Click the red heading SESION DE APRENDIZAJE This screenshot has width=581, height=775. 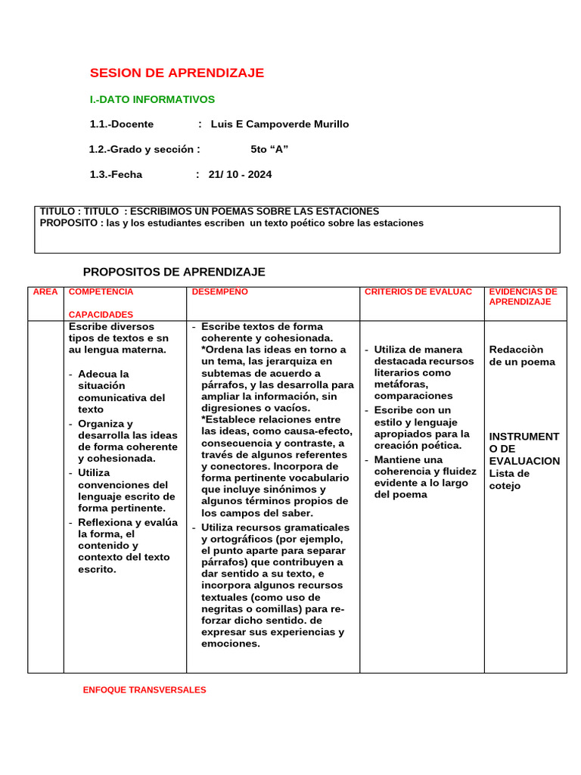[x=177, y=73]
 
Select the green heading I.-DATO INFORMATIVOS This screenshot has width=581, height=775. [x=152, y=100]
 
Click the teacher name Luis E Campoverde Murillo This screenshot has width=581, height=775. [x=279, y=124]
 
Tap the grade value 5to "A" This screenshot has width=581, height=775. [x=269, y=149]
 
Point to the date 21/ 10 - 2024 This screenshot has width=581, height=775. [x=240, y=175]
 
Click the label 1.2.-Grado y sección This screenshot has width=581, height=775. [x=144, y=149]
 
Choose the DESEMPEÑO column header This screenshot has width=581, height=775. [x=219, y=291]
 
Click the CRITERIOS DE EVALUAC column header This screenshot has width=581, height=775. [x=418, y=291]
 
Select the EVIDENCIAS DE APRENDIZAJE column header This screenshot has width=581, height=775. [x=523, y=297]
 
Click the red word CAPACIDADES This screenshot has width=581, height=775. [x=101, y=315]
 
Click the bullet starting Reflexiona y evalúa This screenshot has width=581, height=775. [x=127, y=546]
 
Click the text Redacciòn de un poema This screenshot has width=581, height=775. [x=522, y=356]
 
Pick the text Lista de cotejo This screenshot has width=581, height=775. [x=509, y=480]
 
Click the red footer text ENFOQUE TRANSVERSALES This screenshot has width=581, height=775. [x=144, y=690]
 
